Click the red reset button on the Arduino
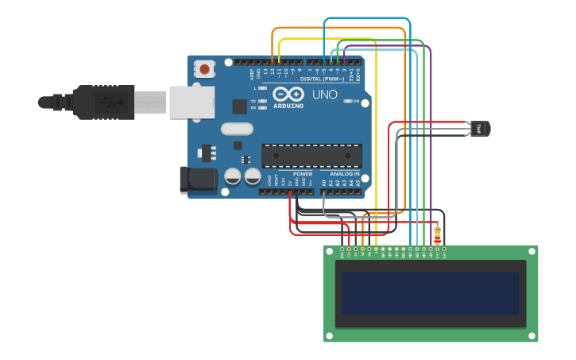[205, 69]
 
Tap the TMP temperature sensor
[479, 128]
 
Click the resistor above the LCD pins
[437, 234]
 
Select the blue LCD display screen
[431, 293]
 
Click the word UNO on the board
[324, 95]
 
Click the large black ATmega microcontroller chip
[311, 156]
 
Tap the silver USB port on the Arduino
[191, 103]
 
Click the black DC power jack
[198, 180]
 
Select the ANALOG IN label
[340, 173]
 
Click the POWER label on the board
[303, 173]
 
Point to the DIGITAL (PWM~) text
[322, 79]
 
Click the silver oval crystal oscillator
[237, 129]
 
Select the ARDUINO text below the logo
[288, 106]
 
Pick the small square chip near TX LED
[239, 106]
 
